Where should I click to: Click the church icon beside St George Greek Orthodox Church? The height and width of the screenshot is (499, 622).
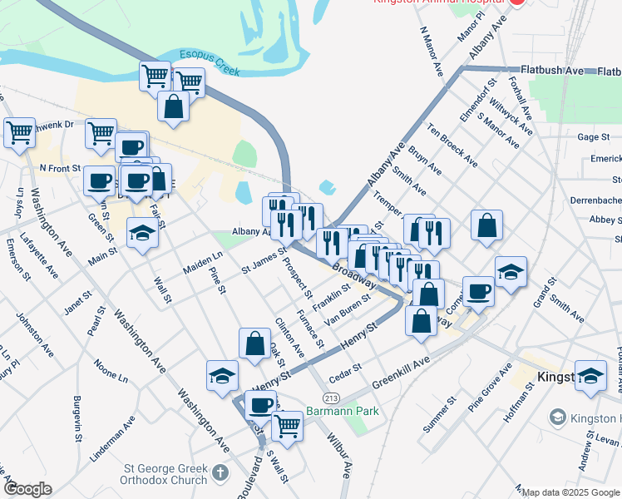coord(220,473)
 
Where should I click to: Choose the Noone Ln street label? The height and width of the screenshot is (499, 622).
coord(111,371)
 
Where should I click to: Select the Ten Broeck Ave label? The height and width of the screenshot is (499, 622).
coord(452,144)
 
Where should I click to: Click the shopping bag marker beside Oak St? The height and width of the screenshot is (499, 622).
coord(254,343)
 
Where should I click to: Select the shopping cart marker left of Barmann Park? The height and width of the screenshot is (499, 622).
coord(287,426)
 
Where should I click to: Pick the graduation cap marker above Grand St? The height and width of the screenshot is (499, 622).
coord(511,272)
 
